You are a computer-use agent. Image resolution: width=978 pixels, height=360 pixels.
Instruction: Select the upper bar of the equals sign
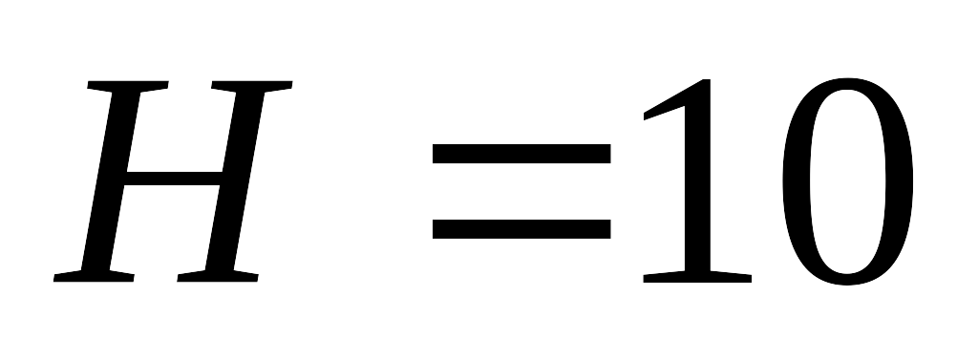tap(521, 154)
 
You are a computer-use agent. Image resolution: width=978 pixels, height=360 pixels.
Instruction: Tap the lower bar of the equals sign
tap(521, 229)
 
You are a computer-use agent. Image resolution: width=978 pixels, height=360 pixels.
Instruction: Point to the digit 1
tap(697, 180)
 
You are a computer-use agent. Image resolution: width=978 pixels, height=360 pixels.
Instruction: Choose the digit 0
tap(848, 181)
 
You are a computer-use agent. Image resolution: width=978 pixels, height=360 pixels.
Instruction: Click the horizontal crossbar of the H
tap(174, 179)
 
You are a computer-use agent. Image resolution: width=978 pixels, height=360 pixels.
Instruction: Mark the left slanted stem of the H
tap(111, 180)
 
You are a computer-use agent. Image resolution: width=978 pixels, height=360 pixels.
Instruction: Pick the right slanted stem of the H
tap(235, 180)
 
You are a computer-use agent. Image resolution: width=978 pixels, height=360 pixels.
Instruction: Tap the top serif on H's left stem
tap(128, 86)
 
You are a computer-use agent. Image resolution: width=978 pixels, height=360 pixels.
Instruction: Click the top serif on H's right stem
tap(252, 86)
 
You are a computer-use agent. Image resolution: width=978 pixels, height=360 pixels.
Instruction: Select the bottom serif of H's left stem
tap(94, 276)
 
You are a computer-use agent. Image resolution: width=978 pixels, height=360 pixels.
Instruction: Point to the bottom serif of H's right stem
tap(218, 276)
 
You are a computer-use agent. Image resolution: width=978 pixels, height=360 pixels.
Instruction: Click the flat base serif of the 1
tap(697, 278)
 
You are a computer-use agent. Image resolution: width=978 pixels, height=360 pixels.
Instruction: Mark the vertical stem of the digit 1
tap(697, 180)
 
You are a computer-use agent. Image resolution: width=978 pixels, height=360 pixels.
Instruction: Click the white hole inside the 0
tap(848, 181)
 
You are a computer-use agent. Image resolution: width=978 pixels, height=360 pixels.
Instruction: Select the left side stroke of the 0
tap(797, 181)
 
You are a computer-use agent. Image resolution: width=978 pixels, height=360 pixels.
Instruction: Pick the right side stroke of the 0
tap(900, 181)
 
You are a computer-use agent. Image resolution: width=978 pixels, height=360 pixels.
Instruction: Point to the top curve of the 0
tap(848, 84)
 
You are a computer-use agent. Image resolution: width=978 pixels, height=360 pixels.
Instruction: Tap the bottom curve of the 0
tap(848, 280)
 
